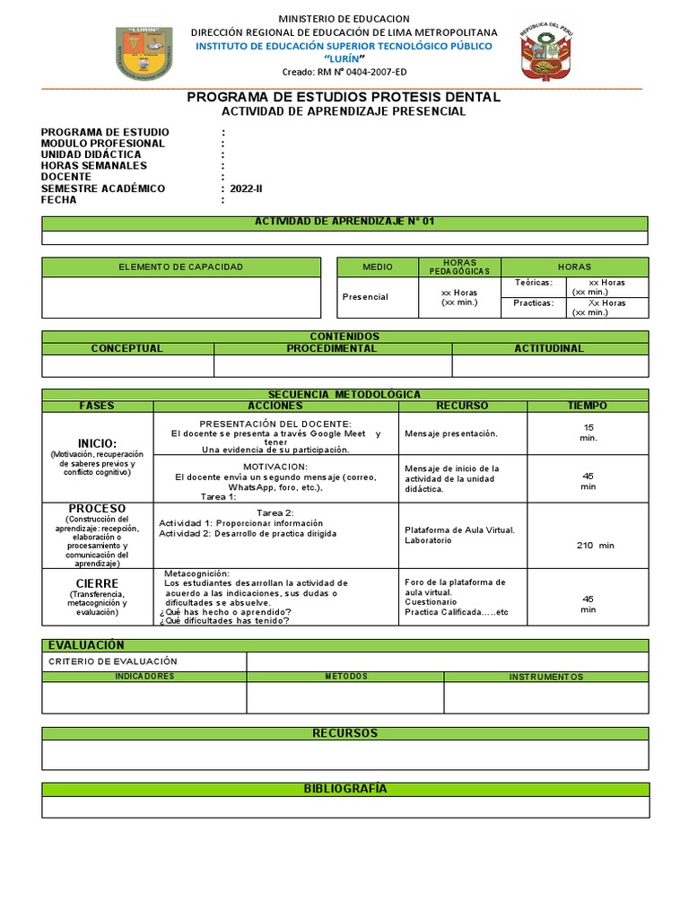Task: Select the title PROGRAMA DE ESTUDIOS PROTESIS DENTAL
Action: [x=344, y=97]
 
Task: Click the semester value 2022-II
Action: [x=247, y=188]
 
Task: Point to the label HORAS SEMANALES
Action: [x=94, y=166]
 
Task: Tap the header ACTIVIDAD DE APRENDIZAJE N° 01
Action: [x=344, y=222]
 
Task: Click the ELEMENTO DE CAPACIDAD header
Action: [x=181, y=267]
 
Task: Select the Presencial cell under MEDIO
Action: [x=365, y=297]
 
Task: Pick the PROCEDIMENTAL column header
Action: [x=332, y=348]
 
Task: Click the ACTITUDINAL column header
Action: [x=548, y=348]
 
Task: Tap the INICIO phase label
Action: [x=97, y=443]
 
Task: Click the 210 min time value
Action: [x=595, y=545]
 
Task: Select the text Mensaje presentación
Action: [x=451, y=433]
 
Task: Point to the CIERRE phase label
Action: [x=97, y=583]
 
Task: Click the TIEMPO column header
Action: [x=587, y=406]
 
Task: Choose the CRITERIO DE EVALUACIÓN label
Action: [x=112, y=661]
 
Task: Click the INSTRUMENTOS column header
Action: [x=545, y=677]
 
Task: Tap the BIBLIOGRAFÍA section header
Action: [x=344, y=789]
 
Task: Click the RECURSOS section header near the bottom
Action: [x=344, y=733]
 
